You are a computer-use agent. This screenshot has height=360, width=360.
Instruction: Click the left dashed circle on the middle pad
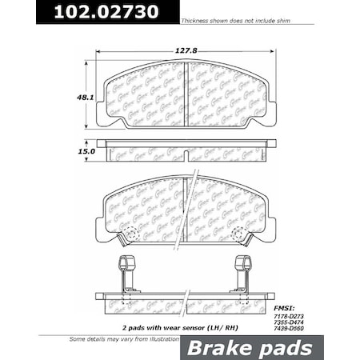(x=128, y=234)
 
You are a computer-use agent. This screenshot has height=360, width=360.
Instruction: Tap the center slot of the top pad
(x=186, y=94)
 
